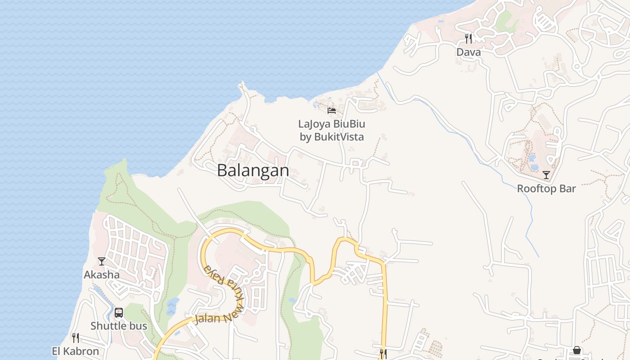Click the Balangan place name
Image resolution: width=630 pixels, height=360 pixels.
[253, 171]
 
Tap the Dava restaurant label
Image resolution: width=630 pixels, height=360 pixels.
[468, 52]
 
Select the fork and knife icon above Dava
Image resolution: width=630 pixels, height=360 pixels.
[468, 38]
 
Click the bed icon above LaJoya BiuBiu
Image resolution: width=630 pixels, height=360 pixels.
[332, 110]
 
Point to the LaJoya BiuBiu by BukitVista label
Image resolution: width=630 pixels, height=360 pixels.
[332, 130]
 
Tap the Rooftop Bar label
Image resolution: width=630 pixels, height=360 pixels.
[546, 189]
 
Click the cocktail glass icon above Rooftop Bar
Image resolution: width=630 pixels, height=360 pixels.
[546, 175]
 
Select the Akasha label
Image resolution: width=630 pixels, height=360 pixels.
[102, 275]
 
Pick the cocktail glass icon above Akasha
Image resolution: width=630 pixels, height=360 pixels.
[102, 261]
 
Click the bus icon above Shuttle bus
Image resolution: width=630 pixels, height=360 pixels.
[119, 312]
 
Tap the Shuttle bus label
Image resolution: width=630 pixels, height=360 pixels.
[119, 326]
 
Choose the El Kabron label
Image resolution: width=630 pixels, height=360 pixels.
[76, 351]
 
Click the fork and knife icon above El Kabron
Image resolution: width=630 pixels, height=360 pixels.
[76, 337]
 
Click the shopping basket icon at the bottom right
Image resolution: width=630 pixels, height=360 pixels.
[577, 350]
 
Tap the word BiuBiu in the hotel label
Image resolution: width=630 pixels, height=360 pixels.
[348, 124]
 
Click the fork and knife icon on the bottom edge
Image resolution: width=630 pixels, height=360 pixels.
[383, 354]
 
